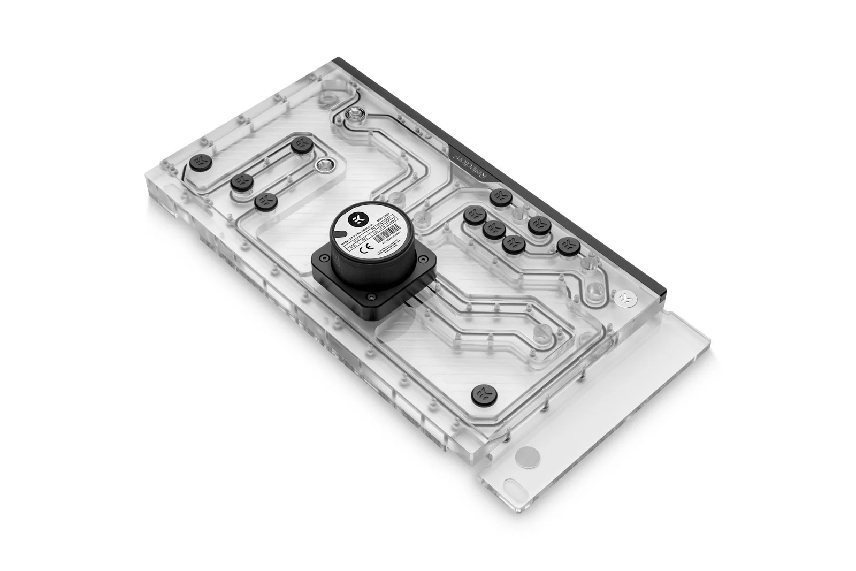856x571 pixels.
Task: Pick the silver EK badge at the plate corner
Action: (624, 296)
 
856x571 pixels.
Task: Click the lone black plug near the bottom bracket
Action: (480, 394)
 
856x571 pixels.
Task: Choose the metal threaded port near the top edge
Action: (353, 113)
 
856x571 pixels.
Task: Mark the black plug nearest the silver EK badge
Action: (568, 246)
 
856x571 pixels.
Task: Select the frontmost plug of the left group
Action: (264, 202)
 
